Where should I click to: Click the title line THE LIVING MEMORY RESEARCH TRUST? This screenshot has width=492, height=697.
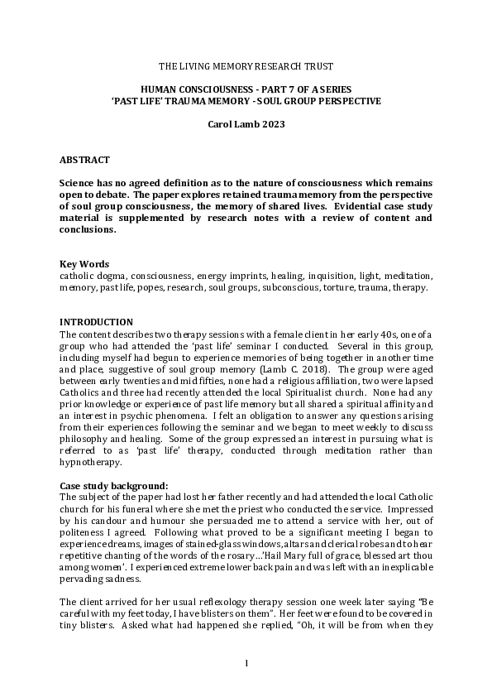point(246,65)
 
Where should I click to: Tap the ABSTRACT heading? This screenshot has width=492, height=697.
point(84,159)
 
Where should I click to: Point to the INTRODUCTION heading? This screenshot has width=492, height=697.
point(96,322)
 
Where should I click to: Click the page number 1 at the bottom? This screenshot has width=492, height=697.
point(246,661)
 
